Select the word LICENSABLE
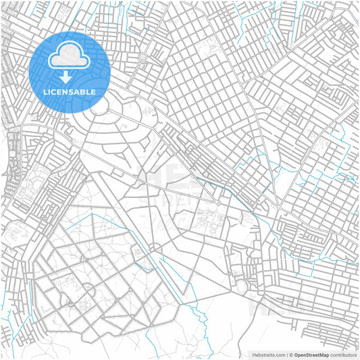(x=70, y=91)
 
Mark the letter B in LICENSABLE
(x=84, y=91)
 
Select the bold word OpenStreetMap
(x=311, y=355)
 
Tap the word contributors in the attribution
(x=343, y=355)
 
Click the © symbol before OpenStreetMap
(x=290, y=355)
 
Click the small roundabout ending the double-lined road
(x=218, y=203)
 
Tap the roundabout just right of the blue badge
(x=143, y=57)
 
